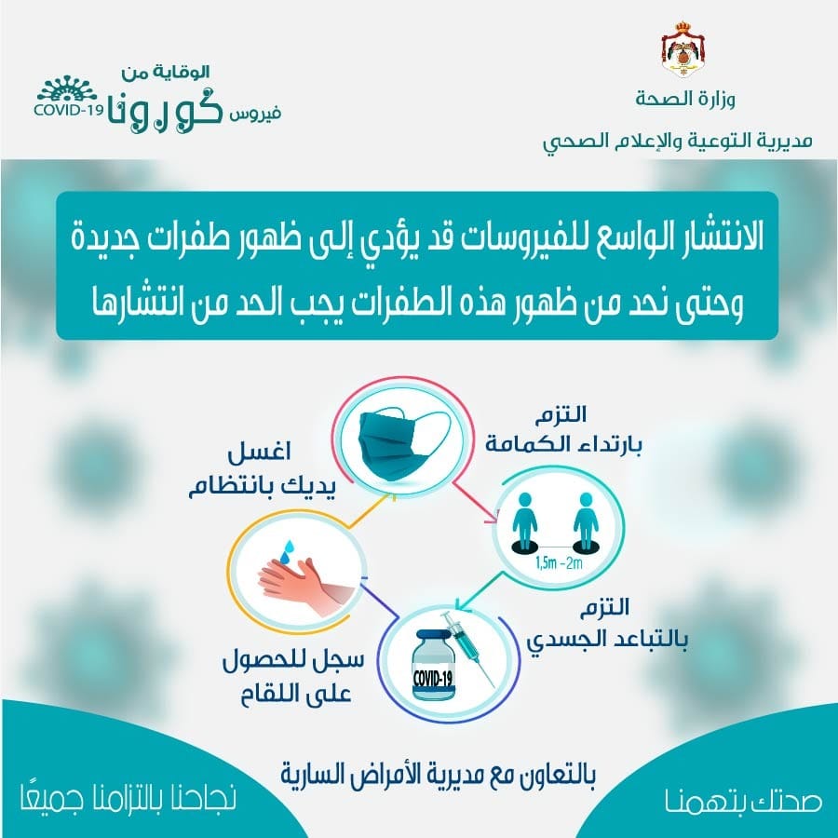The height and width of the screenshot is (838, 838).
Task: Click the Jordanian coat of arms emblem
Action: click(x=683, y=49)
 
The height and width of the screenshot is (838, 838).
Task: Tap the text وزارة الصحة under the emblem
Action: click(x=685, y=100)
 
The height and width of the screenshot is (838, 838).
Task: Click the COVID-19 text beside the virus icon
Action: click(x=68, y=110)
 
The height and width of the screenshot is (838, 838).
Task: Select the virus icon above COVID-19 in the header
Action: click(x=66, y=88)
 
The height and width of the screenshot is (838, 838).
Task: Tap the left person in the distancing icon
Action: click(x=524, y=521)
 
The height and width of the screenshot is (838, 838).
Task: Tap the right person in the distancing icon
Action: click(x=586, y=521)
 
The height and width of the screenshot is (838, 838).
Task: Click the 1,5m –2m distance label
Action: click(x=559, y=563)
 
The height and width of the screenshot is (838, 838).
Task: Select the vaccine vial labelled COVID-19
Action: click(x=434, y=666)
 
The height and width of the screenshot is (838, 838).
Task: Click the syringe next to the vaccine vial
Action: click(x=468, y=648)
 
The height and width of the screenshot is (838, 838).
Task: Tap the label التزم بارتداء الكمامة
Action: click(x=563, y=429)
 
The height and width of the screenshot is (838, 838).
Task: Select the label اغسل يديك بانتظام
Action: click(x=261, y=470)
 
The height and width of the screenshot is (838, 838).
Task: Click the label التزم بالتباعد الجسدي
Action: click(x=607, y=623)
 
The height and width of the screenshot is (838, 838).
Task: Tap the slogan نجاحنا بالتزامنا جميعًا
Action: click(x=128, y=796)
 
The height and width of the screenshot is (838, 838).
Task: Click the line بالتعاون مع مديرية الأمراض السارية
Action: click(x=438, y=774)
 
